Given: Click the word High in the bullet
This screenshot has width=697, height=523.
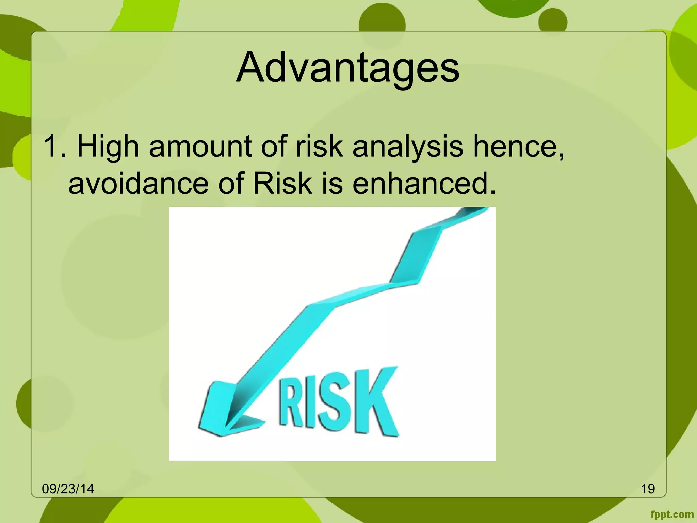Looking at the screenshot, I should (108, 146).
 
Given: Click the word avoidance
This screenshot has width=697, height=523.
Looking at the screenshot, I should (138, 184).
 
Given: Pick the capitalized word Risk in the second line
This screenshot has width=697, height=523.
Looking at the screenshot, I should (282, 184).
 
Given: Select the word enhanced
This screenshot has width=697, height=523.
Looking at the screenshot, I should (424, 184).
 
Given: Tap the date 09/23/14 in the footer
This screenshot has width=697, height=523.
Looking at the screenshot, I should (68, 489).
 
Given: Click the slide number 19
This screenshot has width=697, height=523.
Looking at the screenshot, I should (648, 489).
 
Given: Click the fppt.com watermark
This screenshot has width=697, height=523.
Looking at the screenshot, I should (672, 514).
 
